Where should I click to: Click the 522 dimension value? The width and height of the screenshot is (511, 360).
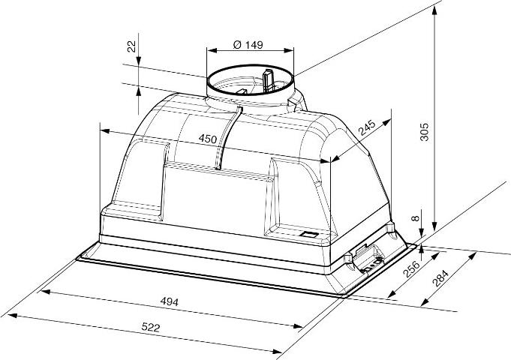point(151,327)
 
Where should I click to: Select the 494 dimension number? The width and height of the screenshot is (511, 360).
point(170,302)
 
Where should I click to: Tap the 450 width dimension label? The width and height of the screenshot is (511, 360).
point(208,139)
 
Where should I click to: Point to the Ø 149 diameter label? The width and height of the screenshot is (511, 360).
point(248,45)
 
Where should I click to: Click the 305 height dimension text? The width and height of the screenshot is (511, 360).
point(424,132)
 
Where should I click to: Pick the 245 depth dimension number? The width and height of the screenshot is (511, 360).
point(367,127)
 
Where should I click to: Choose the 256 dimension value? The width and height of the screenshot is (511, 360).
point(412,268)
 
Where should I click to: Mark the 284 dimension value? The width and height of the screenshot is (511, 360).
point(440,278)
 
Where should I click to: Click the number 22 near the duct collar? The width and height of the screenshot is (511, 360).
point(131,47)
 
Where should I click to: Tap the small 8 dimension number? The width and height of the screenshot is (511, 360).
point(415,218)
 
